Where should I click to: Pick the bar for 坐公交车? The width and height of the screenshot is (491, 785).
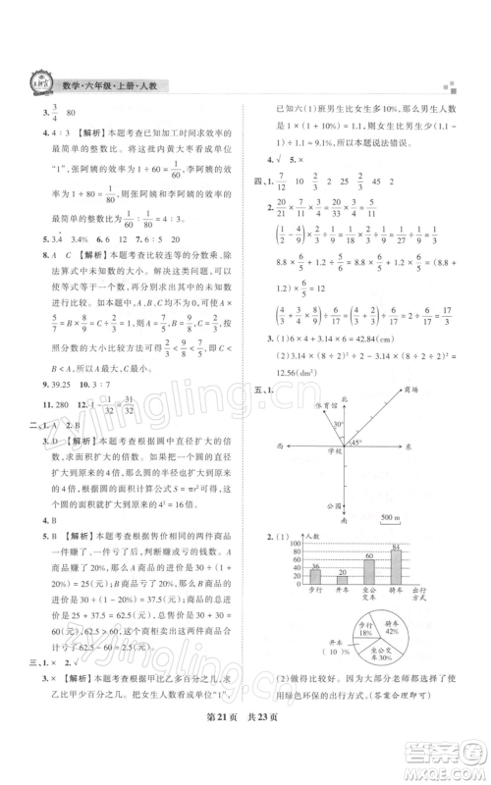[367, 571]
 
